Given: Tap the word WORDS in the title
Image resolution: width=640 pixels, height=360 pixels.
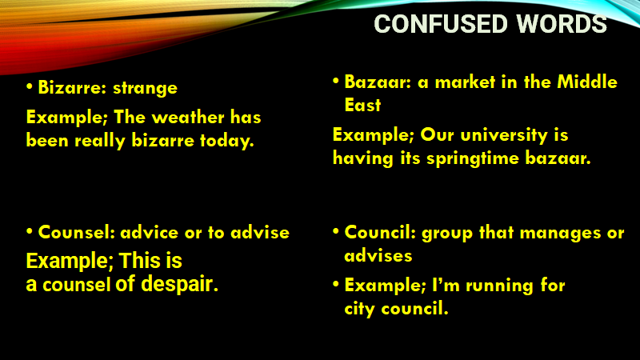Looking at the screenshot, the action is (562, 24).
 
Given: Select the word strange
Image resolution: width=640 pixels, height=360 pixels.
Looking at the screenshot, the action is (146, 89).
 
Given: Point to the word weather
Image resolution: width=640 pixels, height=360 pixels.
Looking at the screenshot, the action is (188, 118).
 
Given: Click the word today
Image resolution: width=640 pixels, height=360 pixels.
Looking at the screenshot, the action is (227, 142).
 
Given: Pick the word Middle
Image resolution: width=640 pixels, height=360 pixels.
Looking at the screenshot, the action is (587, 82).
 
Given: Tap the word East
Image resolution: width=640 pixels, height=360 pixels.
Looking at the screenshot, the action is (362, 105).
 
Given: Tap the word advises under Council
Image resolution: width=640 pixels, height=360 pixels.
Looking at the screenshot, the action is (378, 256).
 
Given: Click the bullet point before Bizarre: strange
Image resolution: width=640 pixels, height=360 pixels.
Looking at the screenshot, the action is (30, 86).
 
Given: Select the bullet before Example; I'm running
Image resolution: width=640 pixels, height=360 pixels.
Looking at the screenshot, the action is (336, 284).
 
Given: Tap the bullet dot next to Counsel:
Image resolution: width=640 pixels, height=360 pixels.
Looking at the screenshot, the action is (30, 231).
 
